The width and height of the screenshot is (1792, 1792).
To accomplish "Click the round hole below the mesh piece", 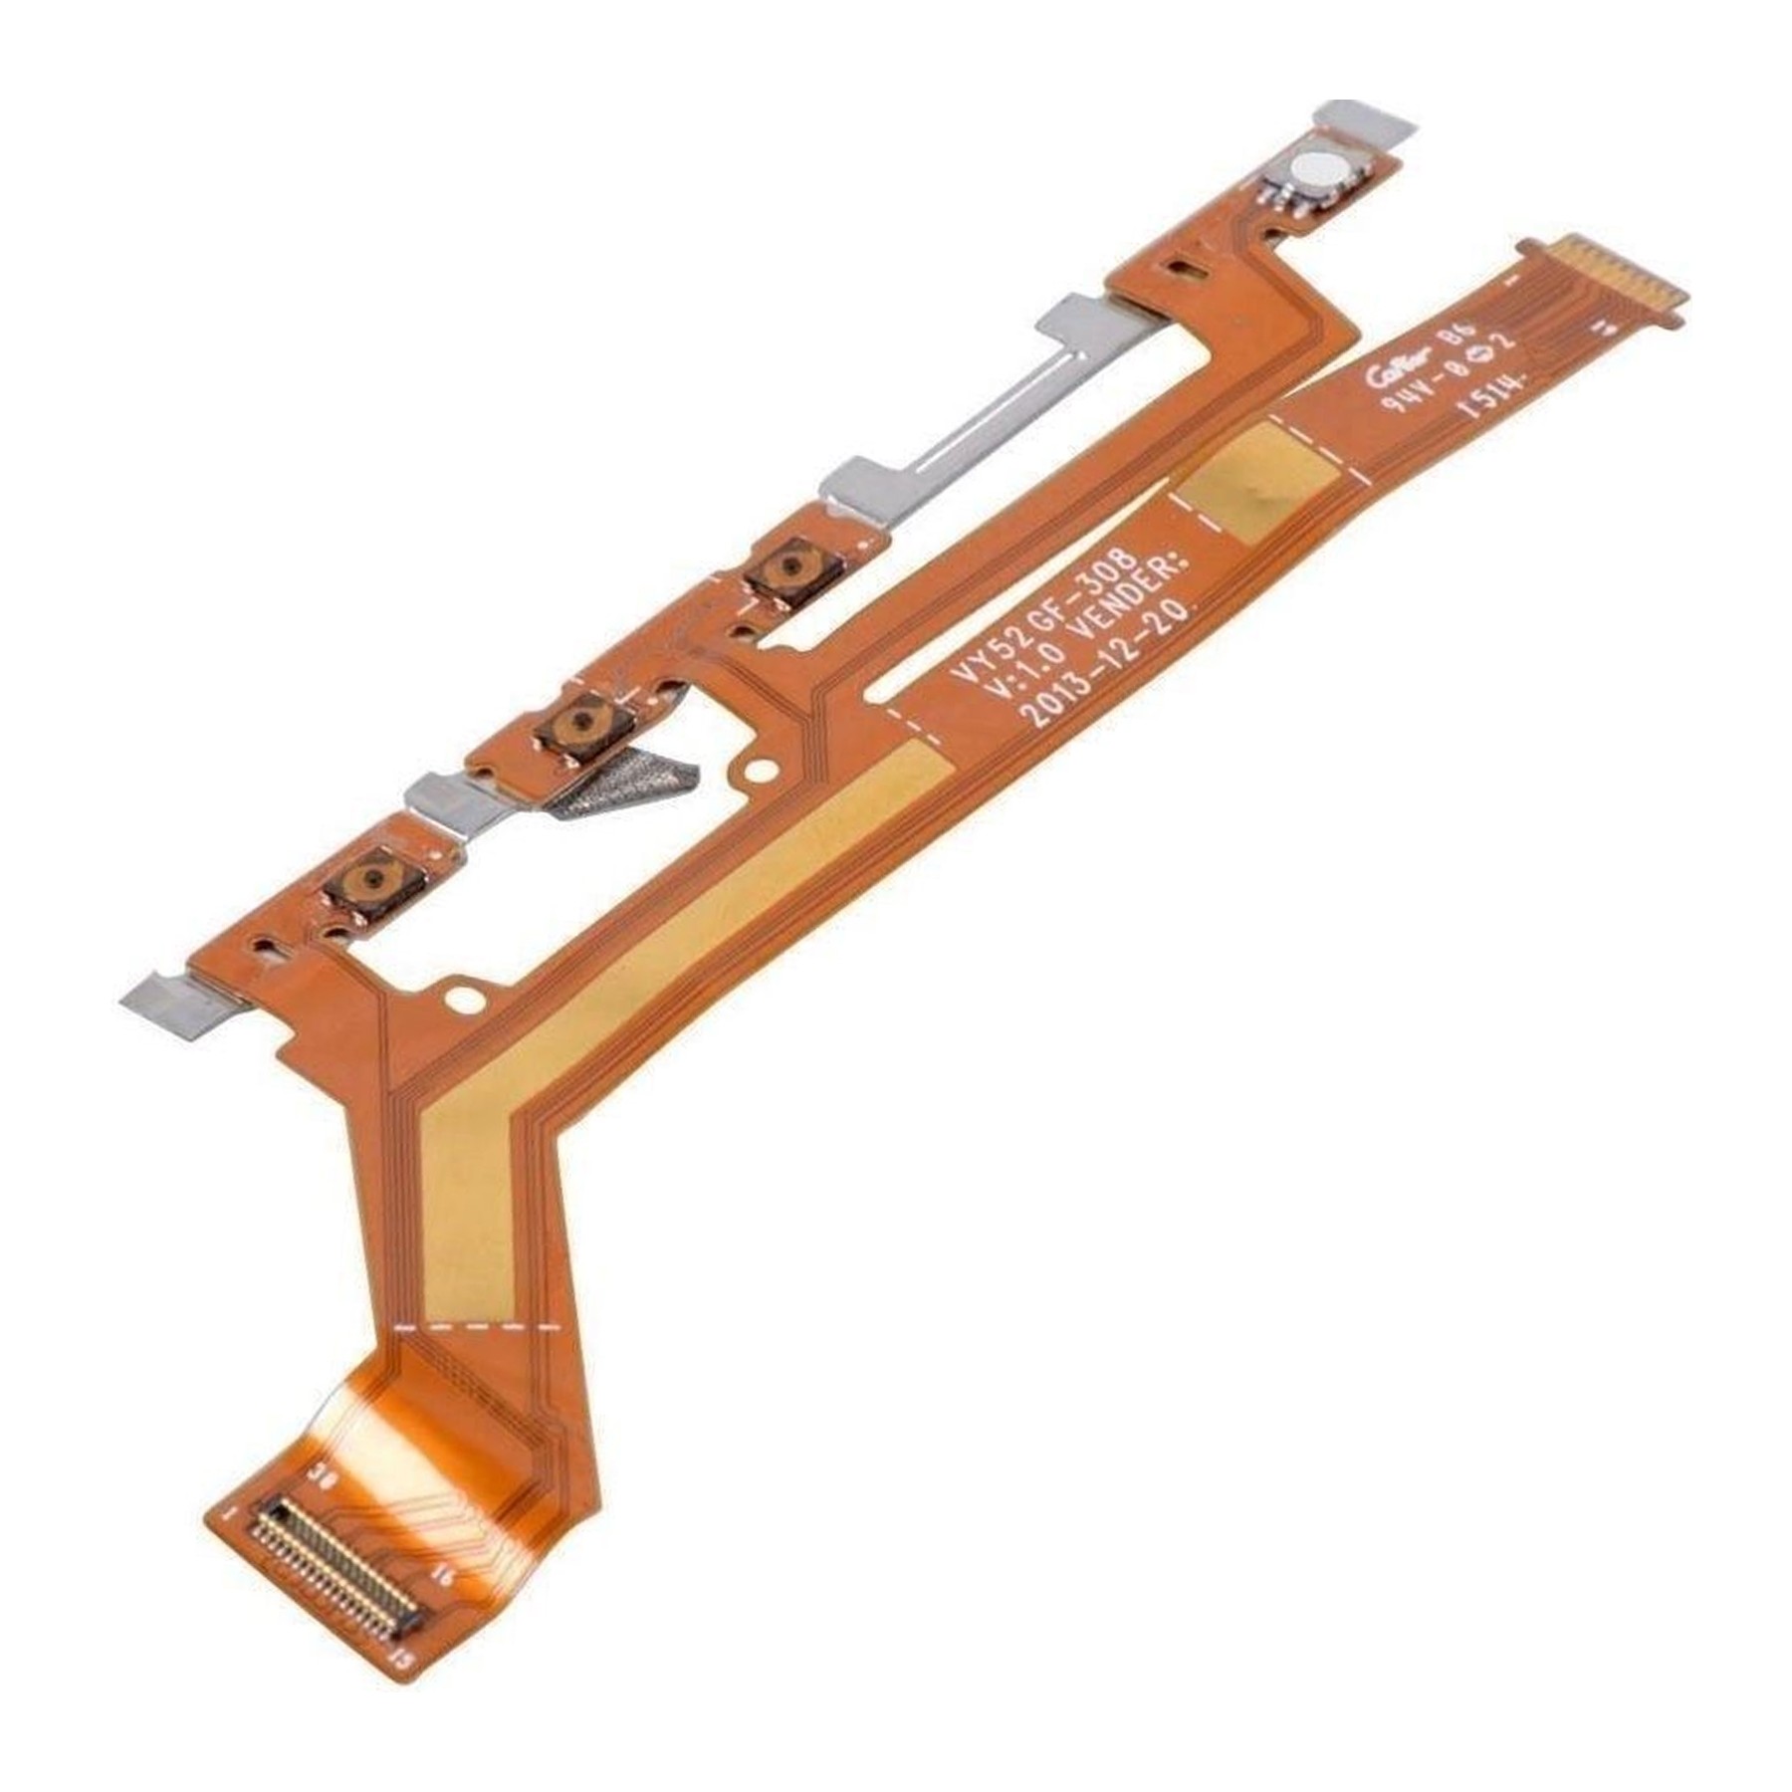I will click(762, 770).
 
